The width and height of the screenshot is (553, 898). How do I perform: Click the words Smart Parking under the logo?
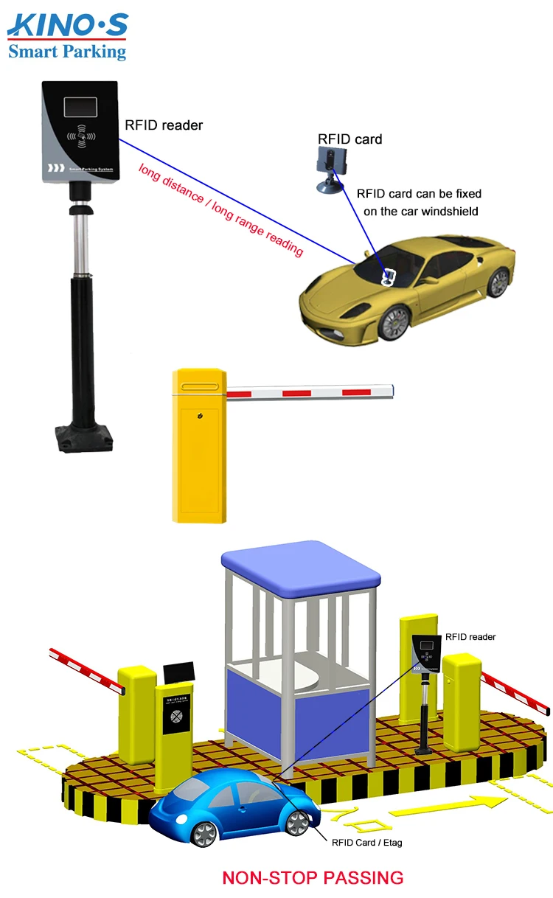[67, 51]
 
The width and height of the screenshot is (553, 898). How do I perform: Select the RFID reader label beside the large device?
[164, 125]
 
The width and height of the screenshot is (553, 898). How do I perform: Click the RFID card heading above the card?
[349, 139]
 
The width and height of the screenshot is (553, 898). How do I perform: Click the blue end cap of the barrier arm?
[392, 388]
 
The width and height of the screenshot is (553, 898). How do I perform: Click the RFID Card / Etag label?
[367, 842]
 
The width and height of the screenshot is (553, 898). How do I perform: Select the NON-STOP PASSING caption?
[313, 877]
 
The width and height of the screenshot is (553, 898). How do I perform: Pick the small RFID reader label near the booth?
[470, 637]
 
